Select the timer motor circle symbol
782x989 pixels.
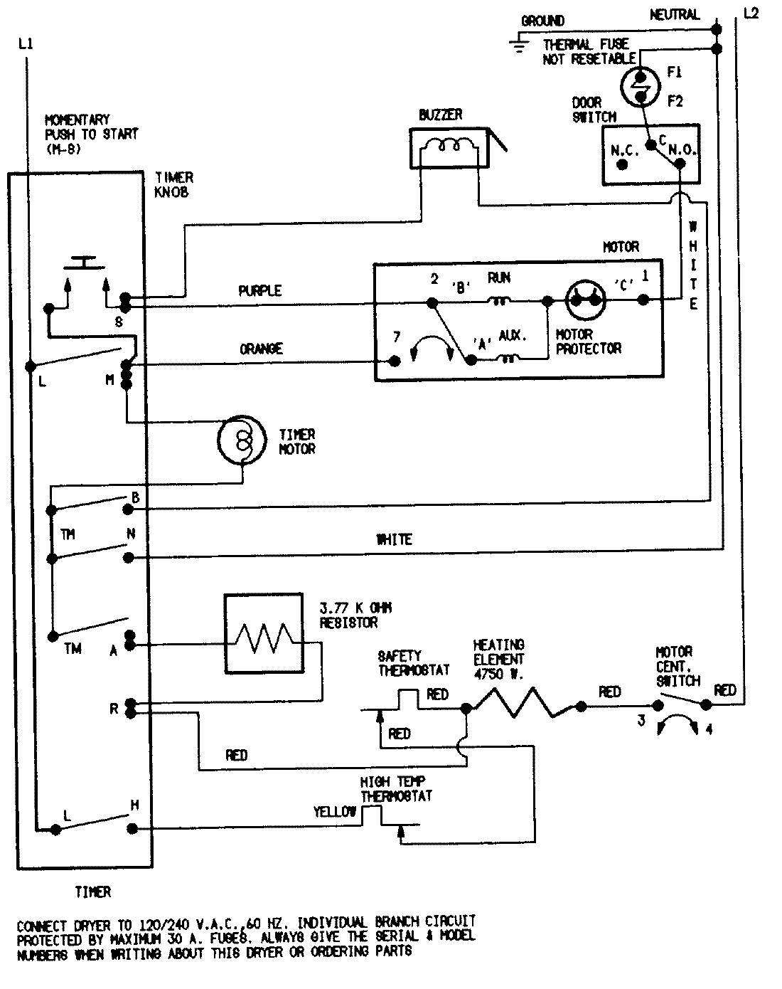point(240,441)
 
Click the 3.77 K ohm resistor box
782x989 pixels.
point(263,633)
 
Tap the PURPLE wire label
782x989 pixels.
point(259,291)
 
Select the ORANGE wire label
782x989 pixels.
point(261,349)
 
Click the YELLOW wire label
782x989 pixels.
point(334,812)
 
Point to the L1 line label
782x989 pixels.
point(26,44)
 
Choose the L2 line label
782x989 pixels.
point(750,14)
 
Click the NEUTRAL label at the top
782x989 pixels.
point(674,14)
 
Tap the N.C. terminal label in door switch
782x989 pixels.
point(623,151)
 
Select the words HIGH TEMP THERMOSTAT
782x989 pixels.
point(396,789)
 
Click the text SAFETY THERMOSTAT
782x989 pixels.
point(414,663)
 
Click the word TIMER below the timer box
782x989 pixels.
point(92,892)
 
